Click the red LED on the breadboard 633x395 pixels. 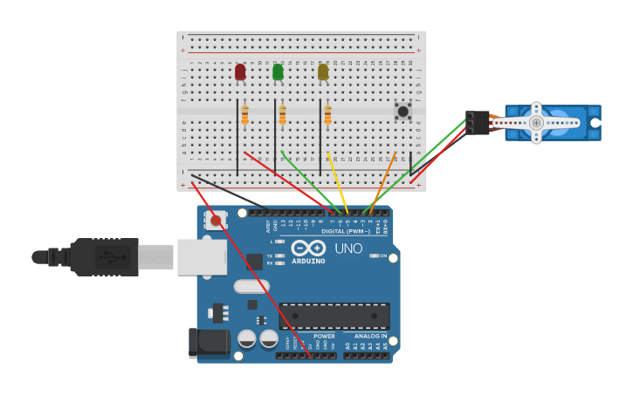[x=240, y=72]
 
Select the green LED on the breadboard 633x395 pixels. [x=278, y=72]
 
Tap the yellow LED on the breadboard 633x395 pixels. [x=323, y=72]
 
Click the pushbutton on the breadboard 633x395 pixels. [x=403, y=111]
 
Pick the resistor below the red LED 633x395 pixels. [x=244, y=115]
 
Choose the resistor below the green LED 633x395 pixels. [x=282, y=115]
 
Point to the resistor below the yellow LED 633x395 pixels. [x=327, y=115]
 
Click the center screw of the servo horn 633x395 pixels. [x=536, y=123]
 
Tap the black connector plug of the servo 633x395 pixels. [x=477, y=123]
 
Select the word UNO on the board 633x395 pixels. [x=349, y=249]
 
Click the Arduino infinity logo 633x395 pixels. [x=309, y=249]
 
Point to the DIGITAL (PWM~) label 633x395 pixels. [x=346, y=231]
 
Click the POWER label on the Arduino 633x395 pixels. [x=324, y=336]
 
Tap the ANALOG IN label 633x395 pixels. [x=371, y=336]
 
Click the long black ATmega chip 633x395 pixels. [x=334, y=316]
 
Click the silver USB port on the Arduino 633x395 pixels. [x=202, y=257]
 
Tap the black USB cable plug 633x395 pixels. [x=104, y=257]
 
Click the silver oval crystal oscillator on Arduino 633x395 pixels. [x=252, y=286]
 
